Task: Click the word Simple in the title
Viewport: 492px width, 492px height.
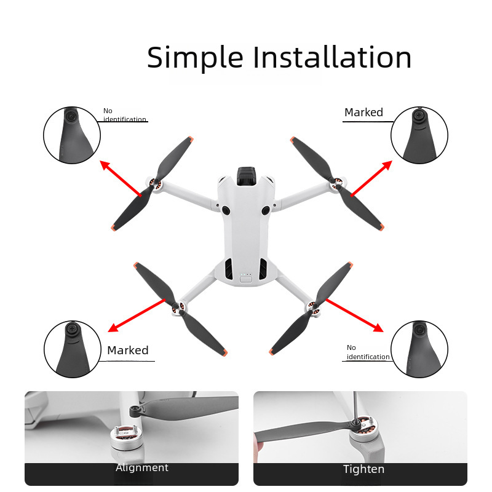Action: tap(195, 57)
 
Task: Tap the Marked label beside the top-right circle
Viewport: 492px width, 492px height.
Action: tap(363, 113)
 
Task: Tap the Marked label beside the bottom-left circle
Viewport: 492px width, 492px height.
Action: tap(128, 350)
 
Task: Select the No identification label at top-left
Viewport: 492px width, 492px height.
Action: tap(125, 115)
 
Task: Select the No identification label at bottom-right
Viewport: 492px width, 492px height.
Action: tap(368, 352)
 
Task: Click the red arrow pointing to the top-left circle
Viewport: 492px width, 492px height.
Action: tap(121, 178)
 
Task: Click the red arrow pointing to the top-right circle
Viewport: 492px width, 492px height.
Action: tap(371, 178)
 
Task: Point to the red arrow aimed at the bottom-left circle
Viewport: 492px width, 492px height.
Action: tap(137, 315)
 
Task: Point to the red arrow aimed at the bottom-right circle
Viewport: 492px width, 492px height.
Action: tap(355, 315)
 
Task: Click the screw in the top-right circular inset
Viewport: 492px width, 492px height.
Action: tap(419, 115)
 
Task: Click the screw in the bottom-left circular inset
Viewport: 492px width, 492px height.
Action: tap(72, 329)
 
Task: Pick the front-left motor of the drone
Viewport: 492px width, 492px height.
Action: tap(154, 184)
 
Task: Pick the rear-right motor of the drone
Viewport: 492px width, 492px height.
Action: tap(314, 308)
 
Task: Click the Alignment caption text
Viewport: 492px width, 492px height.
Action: tap(142, 467)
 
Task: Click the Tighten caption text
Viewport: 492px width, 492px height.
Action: tap(363, 469)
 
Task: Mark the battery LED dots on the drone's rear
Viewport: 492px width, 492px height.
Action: tap(246, 274)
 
